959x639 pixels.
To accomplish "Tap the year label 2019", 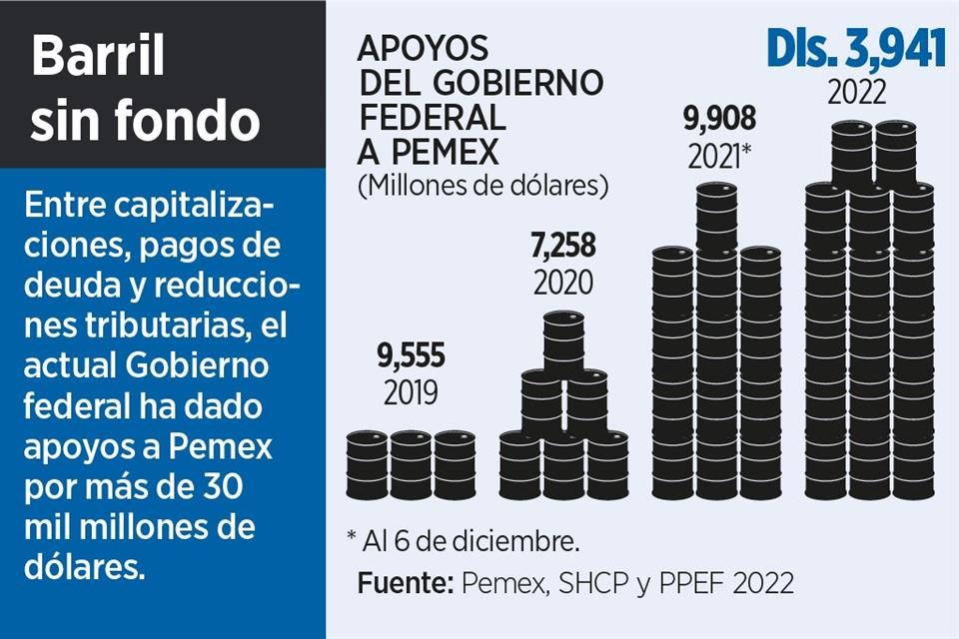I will pyautogui.click(x=411, y=392).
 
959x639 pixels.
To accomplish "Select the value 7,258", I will pyautogui.click(x=562, y=244).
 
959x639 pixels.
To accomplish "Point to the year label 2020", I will pyautogui.click(x=562, y=282).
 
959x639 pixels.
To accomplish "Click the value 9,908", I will pyautogui.click(x=719, y=120).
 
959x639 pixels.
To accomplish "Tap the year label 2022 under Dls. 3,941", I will pyautogui.click(x=856, y=93).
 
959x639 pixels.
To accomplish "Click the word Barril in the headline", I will pyautogui.click(x=97, y=57).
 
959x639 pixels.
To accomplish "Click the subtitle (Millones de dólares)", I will pyautogui.click(x=482, y=185).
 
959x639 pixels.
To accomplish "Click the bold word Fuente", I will pyautogui.click(x=401, y=583).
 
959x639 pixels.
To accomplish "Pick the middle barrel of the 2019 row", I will pyautogui.click(x=411, y=464).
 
